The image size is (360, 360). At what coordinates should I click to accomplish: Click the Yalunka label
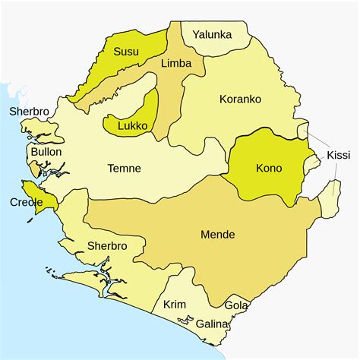[212, 34]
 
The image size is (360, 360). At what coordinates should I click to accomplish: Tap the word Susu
[125, 52]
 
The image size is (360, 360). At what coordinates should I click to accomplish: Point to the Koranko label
[240, 99]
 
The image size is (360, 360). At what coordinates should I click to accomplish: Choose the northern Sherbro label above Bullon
[30, 112]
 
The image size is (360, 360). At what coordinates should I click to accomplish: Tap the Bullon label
[46, 152]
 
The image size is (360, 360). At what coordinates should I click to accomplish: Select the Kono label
[269, 168]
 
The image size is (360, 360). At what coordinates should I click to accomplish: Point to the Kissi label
[338, 155]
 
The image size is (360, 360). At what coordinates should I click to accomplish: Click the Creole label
[25, 202]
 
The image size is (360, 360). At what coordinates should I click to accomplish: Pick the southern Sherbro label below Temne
[106, 246]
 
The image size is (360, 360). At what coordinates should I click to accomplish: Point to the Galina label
[212, 324]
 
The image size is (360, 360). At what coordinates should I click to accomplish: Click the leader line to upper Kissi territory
[319, 141]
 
